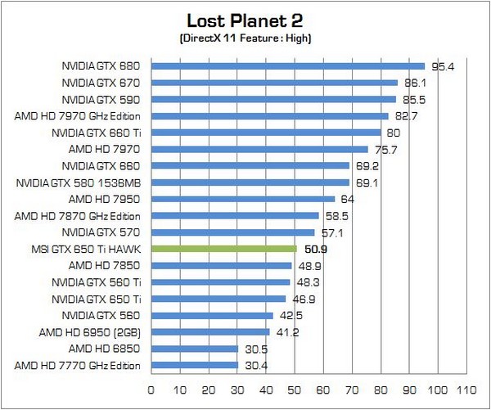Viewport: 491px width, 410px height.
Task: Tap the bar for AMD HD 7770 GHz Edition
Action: click(194, 365)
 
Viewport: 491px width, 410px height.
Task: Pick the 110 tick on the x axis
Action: click(467, 390)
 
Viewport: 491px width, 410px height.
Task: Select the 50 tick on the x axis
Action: click(295, 390)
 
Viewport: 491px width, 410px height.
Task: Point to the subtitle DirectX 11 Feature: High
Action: click(245, 38)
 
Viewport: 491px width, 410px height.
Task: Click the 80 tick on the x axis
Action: click(381, 390)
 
